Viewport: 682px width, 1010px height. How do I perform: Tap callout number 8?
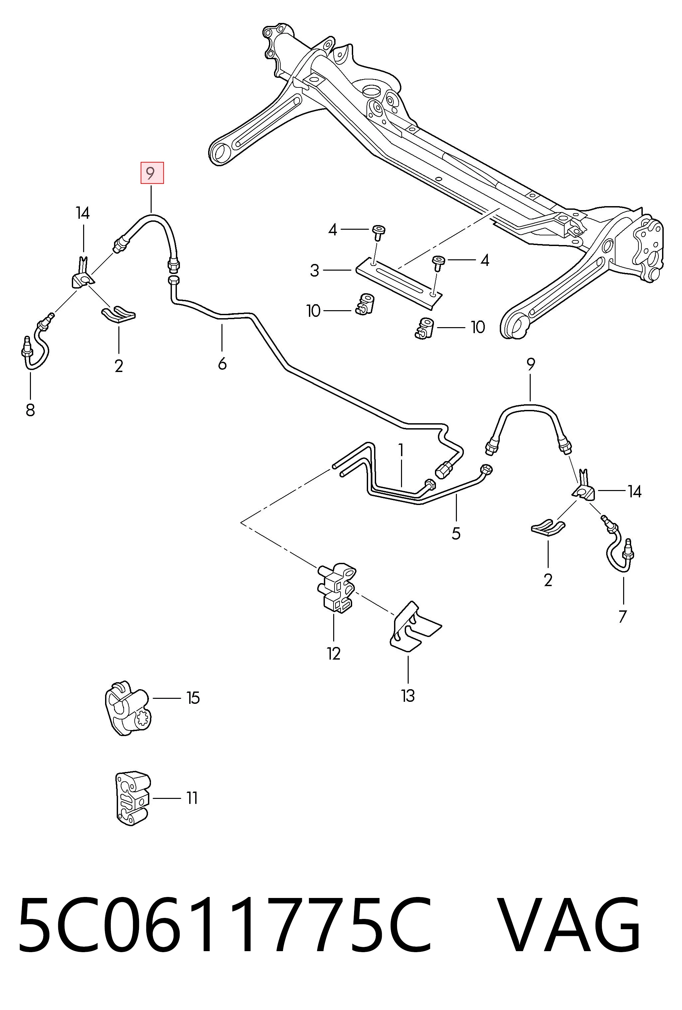[x=30, y=410]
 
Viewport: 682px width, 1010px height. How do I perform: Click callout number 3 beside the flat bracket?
[x=315, y=270]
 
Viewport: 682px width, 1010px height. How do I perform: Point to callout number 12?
[x=334, y=653]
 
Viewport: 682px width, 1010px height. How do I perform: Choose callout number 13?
[x=408, y=696]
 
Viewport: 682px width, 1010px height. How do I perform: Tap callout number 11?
[x=192, y=798]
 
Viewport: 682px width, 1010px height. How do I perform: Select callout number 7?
[x=622, y=616]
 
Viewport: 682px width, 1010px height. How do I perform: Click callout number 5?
[x=456, y=533]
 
